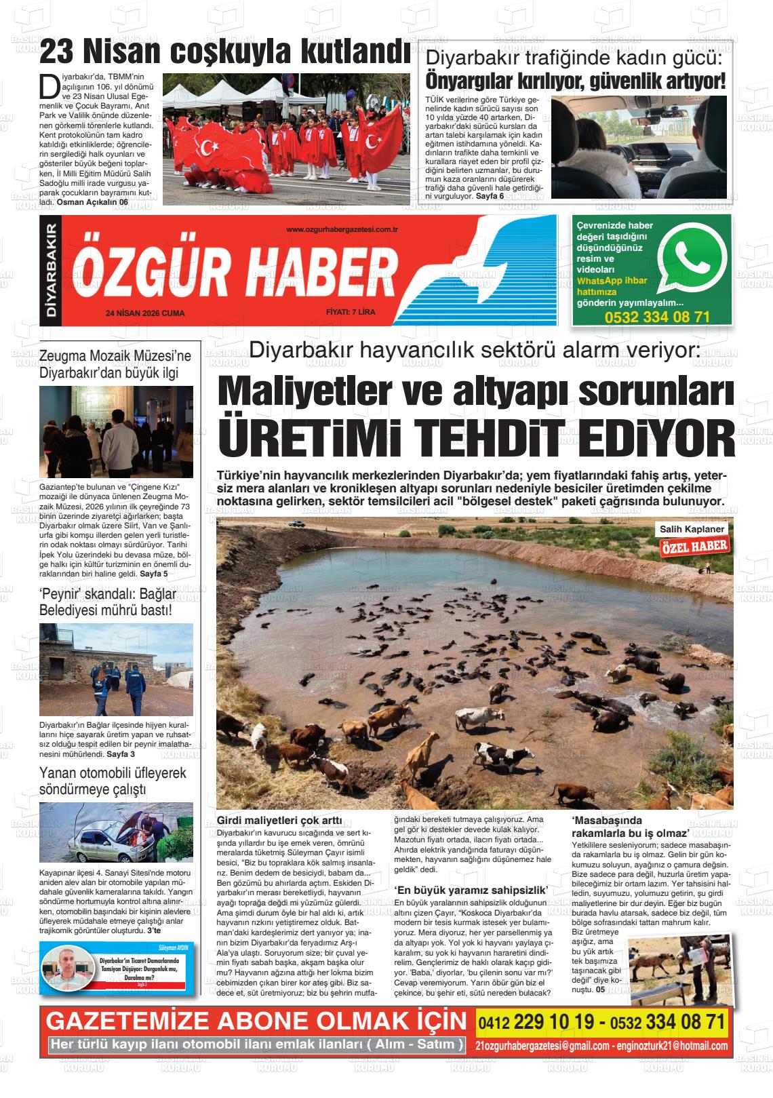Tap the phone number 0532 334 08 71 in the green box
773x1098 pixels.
657,317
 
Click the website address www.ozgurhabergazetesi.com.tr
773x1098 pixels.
341,230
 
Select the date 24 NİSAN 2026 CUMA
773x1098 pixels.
145,313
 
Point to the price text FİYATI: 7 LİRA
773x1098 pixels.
350,313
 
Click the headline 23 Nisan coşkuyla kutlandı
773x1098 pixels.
224,50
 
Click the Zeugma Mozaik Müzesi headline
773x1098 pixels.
115,364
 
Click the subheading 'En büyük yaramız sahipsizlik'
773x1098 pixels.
471,890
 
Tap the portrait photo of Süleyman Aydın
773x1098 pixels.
68,969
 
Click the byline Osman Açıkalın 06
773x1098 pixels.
92,202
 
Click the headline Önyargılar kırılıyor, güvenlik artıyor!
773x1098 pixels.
575,81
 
